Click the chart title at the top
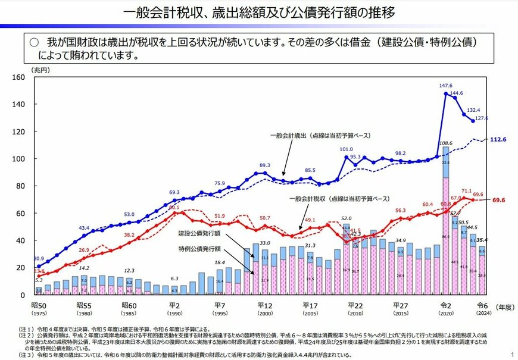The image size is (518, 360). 258,12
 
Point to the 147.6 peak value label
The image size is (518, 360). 446,86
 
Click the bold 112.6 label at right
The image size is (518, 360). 498,140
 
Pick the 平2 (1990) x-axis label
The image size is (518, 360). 174,306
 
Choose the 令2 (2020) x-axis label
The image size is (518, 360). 446,306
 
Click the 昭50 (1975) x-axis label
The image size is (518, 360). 39,306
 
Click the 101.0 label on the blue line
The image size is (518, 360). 347,149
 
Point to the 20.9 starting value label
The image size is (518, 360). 38,259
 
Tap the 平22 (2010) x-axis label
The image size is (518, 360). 355,306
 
